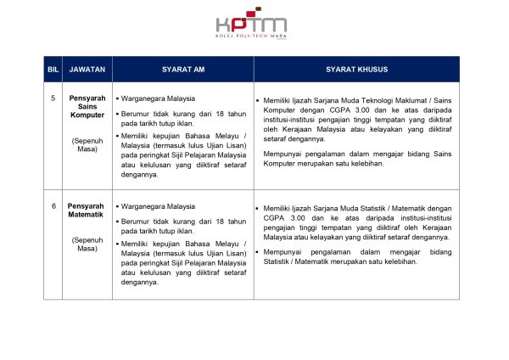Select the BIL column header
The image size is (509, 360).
53,68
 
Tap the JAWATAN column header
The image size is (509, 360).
87,68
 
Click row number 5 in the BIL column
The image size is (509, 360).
53,98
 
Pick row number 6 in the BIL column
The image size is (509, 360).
53,206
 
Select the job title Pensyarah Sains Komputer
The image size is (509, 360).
87,108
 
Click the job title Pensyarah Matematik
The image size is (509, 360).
87,211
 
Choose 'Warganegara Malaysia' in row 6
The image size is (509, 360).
158,206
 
